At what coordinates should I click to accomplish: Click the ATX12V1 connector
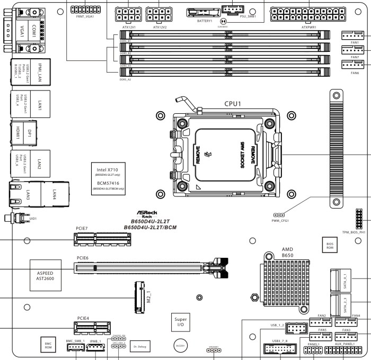[x=125, y=13]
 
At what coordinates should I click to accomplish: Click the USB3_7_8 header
[x=280, y=350]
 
